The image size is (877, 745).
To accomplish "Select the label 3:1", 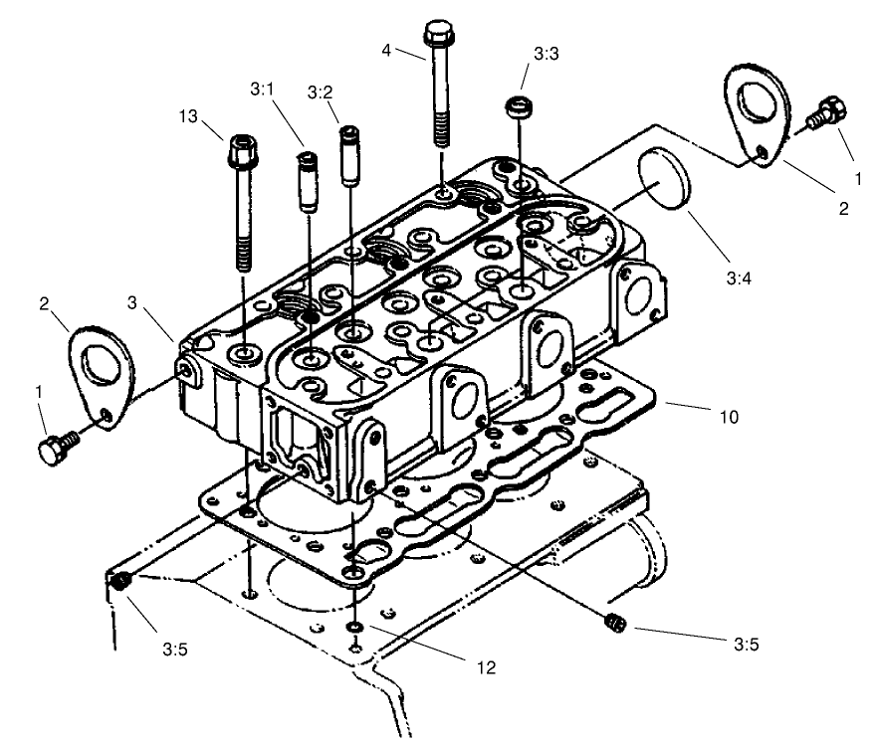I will click(262, 90).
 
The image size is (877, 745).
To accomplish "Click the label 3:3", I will click(546, 57).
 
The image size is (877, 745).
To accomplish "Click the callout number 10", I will click(729, 417).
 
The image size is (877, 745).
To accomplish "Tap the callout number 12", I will click(485, 668).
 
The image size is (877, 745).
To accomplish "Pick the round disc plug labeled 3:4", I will click(659, 177).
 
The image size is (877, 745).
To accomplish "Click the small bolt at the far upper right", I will click(825, 111).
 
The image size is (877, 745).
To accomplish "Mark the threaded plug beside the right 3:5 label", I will click(613, 623).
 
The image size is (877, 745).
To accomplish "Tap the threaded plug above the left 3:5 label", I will click(121, 583).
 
